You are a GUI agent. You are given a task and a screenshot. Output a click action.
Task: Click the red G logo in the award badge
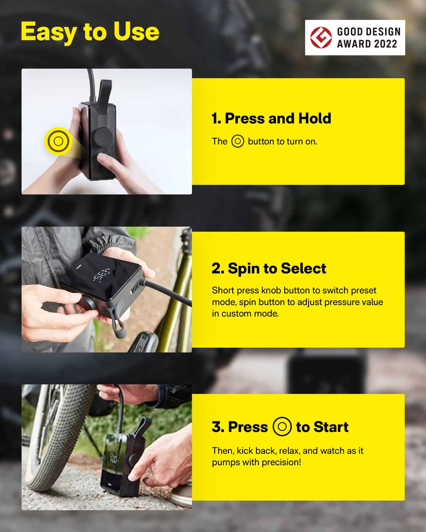click(x=321, y=38)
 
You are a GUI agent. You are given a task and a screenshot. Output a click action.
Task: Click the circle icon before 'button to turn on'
click(x=237, y=141)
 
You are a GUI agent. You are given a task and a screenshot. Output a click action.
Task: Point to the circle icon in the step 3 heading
click(x=282, y=427)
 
